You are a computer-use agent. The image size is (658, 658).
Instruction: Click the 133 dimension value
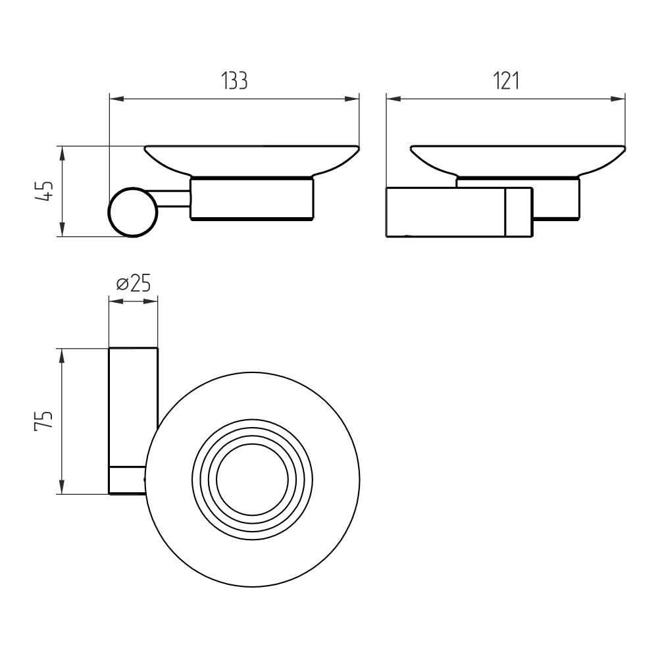pyautogui.click(x=235, y=81)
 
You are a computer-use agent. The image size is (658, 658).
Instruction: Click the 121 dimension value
pyautogui.click(x=506, y=81)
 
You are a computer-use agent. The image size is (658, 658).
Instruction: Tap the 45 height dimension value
pyautogui.click(x=45, y=191)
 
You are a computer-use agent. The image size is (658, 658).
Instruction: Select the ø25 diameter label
pyautogui.click(x=133, y=284)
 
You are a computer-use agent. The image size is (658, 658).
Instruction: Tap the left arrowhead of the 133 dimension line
pyautogui.click(x=116, y=99)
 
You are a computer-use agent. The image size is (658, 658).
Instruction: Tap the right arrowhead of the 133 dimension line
pyautogui.click(x=351, y=99)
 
